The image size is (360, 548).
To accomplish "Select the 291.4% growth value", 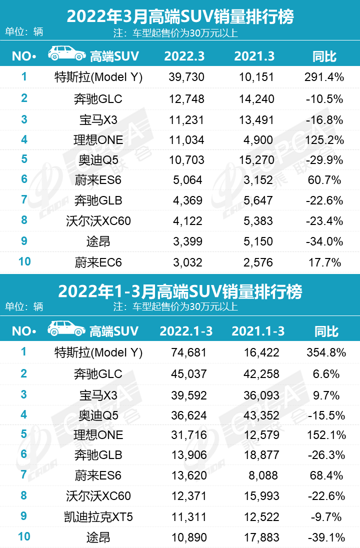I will point(324,78).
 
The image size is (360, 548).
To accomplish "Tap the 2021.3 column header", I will point(254,56).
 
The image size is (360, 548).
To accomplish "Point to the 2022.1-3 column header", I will point(184,331).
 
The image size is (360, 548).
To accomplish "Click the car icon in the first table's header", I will point(66,54).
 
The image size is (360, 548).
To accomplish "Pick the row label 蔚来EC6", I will point(98,262).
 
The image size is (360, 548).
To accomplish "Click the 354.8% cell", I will point(325,352).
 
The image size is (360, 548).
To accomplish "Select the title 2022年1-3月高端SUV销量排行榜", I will point(180,291).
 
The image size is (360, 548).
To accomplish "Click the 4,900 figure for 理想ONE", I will point(258,139).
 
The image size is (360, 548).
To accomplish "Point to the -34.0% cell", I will point(324,242).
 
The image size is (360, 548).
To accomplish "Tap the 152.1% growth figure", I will point(325,435).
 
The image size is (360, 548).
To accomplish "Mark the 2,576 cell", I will point(258,262).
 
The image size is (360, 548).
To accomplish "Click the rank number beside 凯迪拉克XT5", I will point(23,516).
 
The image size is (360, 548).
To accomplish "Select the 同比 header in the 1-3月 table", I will point(326,331).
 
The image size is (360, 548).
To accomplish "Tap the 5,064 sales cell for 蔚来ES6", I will point(186,180).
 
